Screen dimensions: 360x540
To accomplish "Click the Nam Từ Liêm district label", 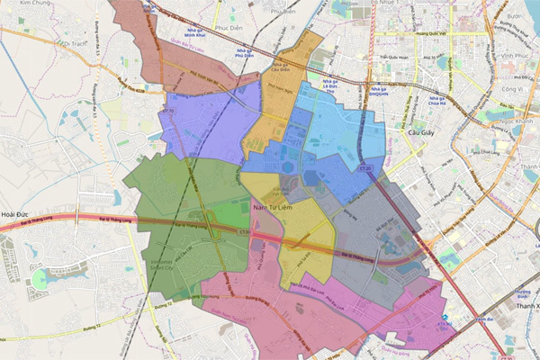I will (277, 209).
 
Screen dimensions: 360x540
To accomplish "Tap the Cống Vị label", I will (513, 90).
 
